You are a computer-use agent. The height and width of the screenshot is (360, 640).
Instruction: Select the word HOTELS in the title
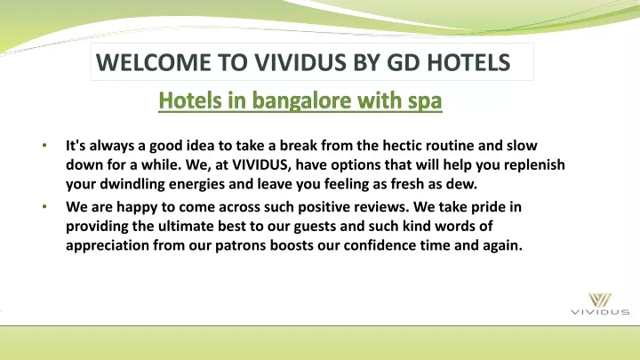click(x=468, y=62)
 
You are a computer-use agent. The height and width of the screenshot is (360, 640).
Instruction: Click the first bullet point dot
click(x=44, y=145)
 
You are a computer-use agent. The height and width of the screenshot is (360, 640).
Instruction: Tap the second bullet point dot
click(x=44, y=206)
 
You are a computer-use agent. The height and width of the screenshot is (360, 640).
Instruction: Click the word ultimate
click(x=186, y=226)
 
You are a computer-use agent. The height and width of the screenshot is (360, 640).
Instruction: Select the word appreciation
click(x=108, y=245)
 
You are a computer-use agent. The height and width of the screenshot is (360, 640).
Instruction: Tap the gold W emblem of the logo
click(x=600, y=300)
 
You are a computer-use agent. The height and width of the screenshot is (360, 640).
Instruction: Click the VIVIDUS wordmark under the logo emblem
click(x=600, y=312)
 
